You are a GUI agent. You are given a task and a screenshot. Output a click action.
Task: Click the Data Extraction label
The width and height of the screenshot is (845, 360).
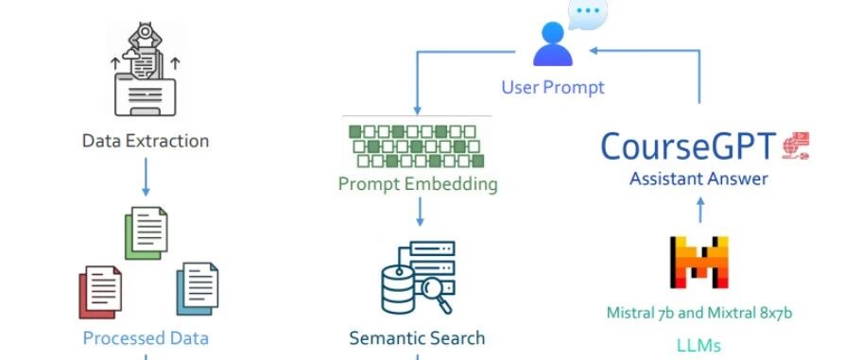click(x=146, y=141)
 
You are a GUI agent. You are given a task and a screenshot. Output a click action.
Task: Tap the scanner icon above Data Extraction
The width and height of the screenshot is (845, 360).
click(x=145, y=69)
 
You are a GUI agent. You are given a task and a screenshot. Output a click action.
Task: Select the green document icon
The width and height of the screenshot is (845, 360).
click(x=147, y=232)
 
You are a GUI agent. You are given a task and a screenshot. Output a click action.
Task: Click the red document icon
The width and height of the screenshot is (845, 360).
click(x=100, y=292)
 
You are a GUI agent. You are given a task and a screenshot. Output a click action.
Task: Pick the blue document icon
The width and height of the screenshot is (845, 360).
click(x=198, y=289)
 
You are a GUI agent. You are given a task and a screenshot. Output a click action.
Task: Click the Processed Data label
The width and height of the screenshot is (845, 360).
click(x=146, y=338)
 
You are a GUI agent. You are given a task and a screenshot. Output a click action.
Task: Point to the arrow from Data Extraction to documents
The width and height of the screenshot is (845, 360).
click(x=146, y=177)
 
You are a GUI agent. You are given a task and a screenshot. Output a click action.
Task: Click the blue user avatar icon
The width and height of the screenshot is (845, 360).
click(x=552, y=43)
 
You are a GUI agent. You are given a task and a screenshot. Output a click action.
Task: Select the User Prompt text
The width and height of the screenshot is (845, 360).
click(x=553, y=87)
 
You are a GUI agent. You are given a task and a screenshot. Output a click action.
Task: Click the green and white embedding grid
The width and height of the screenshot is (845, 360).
click(x=416, y=146)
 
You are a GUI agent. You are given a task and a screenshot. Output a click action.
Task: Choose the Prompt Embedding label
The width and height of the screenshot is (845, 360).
click(x=418, y=184)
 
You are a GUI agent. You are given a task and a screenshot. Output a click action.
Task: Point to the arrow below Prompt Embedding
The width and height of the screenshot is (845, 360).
click(x=420, y=212)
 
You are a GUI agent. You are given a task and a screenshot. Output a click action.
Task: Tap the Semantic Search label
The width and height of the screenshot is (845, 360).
click(x=417, y=338)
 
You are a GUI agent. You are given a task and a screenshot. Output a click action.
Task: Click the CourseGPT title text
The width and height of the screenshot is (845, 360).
click(x=688, y=146)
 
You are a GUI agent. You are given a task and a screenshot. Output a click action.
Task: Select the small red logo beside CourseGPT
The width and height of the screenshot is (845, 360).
click(x=796, y=146)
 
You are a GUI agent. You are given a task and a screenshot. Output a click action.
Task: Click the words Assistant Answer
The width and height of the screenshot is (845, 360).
click(x=698, y=179)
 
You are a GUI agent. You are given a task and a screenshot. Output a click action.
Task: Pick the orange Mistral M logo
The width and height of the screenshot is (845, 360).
click(x=698, y=262)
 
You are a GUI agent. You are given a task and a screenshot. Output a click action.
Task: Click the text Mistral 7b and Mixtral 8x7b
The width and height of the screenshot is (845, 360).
click(x=699, y=313)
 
